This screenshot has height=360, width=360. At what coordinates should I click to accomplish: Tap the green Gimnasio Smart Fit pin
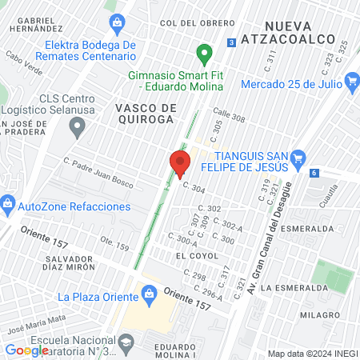click(204, 54)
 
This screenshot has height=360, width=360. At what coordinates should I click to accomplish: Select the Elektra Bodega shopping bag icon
click(118, 21)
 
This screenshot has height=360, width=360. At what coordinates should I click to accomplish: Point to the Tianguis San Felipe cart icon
click(298, 157)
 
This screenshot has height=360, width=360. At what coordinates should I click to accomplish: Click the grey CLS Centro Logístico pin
click(78, 126)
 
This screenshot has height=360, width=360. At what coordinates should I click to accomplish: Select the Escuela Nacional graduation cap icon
click(125, 343)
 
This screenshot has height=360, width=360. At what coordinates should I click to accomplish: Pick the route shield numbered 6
click(314, 173)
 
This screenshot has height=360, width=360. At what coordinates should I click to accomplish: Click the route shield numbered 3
click(231, 42)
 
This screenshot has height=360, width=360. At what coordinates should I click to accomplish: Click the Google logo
click(27, 350)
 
